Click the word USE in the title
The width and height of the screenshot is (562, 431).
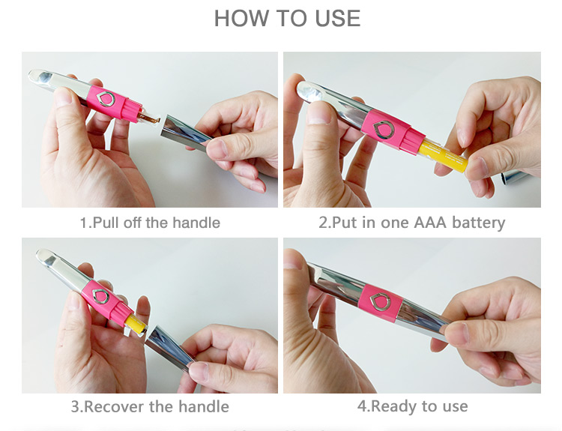coord(338,18)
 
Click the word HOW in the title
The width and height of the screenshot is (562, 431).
coord(240,18)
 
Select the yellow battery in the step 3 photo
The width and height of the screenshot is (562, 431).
coord(135,322)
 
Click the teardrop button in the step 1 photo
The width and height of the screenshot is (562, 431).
coord(106,99)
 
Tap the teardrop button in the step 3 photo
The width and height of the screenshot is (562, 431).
coord(100,296)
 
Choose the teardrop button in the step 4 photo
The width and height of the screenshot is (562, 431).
coord(379,302)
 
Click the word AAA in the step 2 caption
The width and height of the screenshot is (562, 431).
coord(430,223)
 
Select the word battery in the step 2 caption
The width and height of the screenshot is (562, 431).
coord(479,223)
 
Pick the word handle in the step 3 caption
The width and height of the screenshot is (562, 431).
coord(204,406)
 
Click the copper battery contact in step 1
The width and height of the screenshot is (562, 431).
coord(148,117)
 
